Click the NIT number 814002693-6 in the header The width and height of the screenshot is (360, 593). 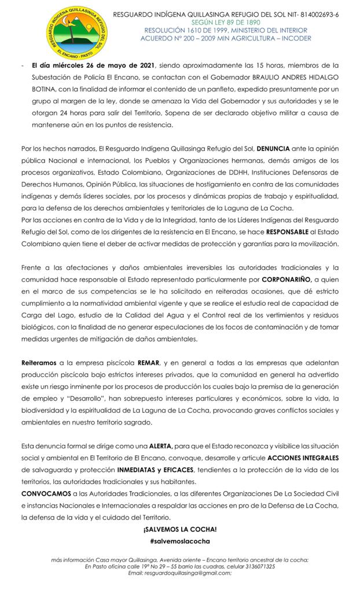(x=317, y=14)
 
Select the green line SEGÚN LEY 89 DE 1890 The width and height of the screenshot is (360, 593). (x=226, y=22)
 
